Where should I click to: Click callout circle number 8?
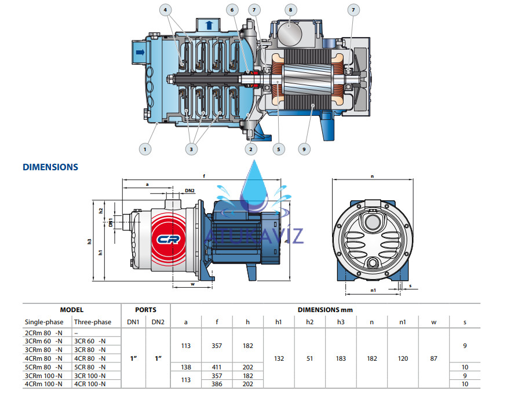pyautogui.click(x=290, y=9)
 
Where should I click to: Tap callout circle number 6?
pyautogui.click(x=232, y=10)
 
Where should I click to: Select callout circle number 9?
pyautogui.click(x=302, y=149)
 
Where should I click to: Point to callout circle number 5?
pyautogui.click(x=278, y=149)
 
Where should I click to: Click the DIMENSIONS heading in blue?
pyautogui.click(x=50, y=167)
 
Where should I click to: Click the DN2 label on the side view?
pyautogui.click(x=190, y=190)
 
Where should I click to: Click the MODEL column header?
pyautogui.click(x=71, y=310)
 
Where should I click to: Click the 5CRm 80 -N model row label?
pyautogui.click(x=43, y=367)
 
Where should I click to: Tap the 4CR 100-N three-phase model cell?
pyautogui.click(x=90, y=384)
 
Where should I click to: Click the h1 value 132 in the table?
pyautogui.click(x=279, y=359)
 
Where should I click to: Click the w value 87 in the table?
pyautogui.click(x=434, y=359)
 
